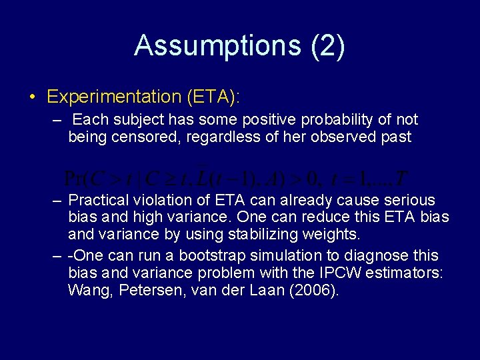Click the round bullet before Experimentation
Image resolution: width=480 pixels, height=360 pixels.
click(33, 97)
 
